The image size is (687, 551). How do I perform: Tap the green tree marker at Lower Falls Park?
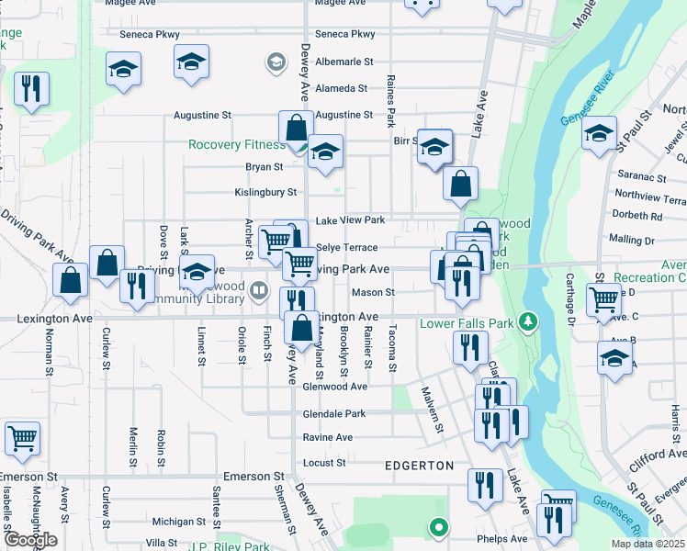(527, 320)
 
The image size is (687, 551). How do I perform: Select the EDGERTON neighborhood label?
(418, 466)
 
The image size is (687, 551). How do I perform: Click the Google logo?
(29, 540)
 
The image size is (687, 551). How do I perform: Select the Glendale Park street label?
(334, 413)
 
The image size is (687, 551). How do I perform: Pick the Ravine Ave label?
(328, 437)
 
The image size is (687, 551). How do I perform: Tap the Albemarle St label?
(344, 62)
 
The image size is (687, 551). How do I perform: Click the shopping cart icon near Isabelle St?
(22, 438)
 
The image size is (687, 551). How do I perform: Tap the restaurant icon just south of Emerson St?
(485, 484)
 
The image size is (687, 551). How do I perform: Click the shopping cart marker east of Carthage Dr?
(603, 298)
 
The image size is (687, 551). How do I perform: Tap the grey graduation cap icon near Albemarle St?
(275, 62)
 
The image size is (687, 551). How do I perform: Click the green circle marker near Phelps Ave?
(439, 527)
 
